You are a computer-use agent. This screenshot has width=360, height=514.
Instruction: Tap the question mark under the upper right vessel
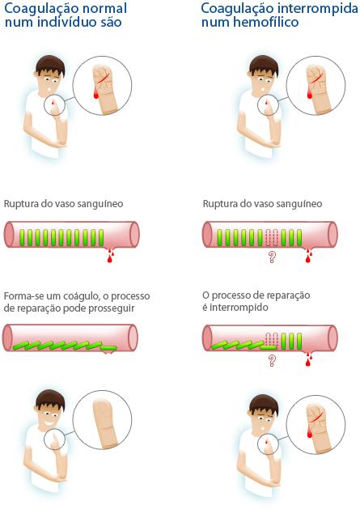[x=272, y=257]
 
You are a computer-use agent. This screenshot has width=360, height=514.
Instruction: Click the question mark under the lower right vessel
[x=272, y=360]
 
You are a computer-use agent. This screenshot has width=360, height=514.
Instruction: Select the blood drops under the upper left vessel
[x=110, y=255]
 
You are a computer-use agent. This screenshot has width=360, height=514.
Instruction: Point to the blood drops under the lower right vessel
[x=308, y=359]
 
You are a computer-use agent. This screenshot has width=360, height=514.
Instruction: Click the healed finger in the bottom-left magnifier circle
[x=105, y=424]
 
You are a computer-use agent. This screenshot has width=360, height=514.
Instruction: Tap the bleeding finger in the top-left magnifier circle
[x=104, y=89]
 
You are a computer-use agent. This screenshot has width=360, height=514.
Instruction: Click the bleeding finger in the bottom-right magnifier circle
[x=318, y=429]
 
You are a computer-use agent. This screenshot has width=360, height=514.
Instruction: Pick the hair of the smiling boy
[x=49, y=400]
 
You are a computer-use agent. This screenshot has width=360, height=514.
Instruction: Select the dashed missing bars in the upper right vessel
[x=272, y=238]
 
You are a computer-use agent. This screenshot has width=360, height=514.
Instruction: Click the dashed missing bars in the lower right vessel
[x=272, y=339]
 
